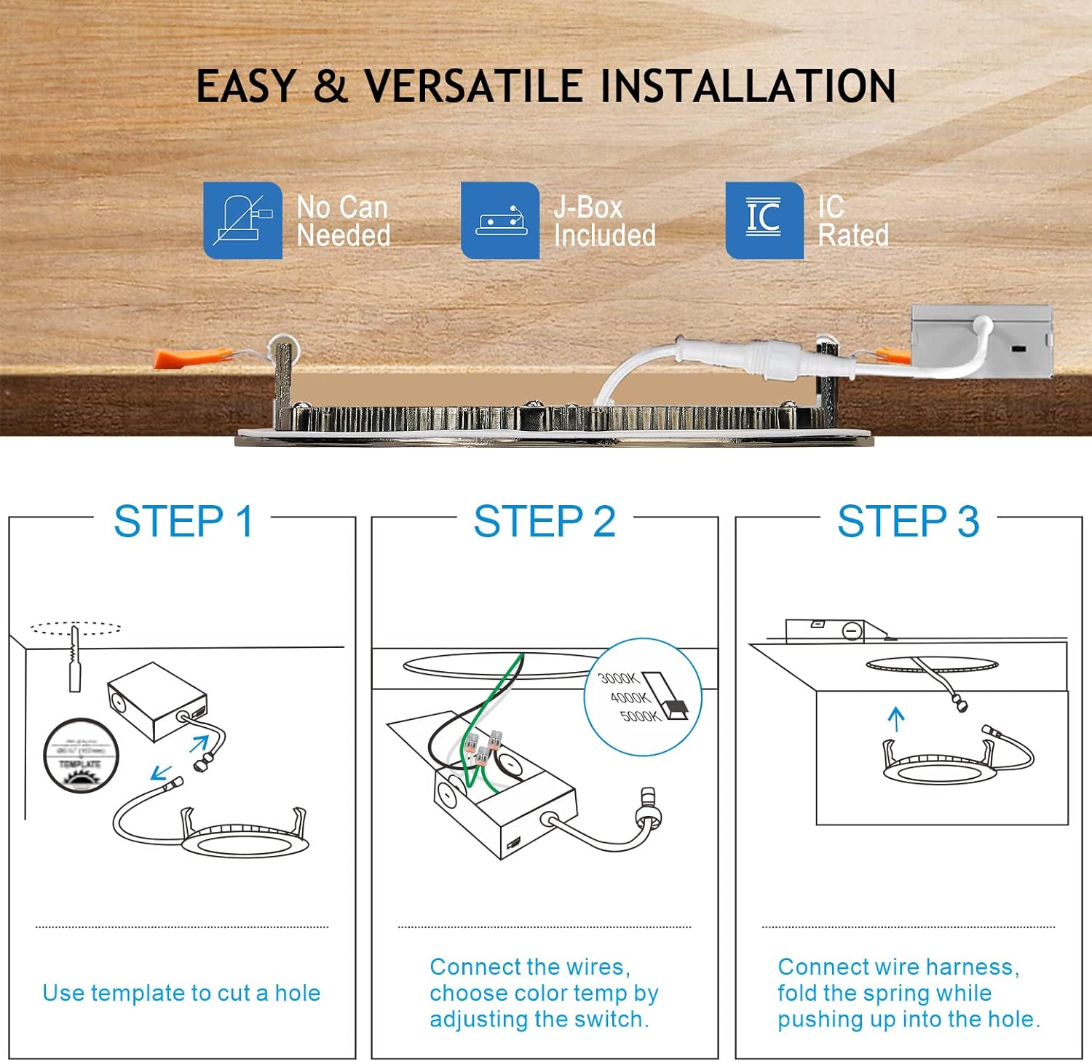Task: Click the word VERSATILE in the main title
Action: (474, 86)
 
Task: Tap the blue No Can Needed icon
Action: (242, 221)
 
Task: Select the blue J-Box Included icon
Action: (500, 221)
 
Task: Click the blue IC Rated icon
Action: (764, 221)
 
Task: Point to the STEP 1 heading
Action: (183, 521)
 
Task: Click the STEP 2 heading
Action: (545, 521)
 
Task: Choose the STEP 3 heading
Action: (908, 521)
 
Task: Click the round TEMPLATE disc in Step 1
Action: (80, 755)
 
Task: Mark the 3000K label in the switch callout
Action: (618, 678)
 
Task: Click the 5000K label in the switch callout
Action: (639, 716)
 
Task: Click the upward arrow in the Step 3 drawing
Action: (896, 719)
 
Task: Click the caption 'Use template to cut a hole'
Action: (181, 993)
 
